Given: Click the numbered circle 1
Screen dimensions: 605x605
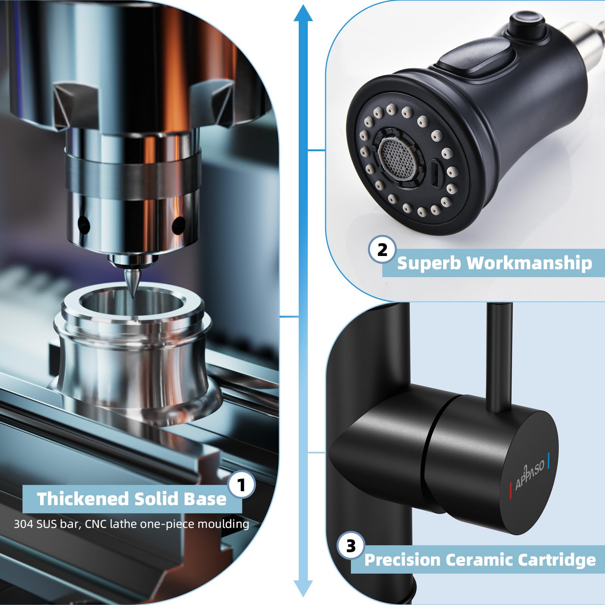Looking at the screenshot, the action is tap(242, 485).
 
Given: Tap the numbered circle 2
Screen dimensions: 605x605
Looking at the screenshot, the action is tap(382, 250).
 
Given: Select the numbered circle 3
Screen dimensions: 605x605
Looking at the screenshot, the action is tap(351, 546).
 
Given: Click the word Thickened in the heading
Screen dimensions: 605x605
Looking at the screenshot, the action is tap(83, 499).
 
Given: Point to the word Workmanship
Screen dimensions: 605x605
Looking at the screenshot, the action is tap(529, 263).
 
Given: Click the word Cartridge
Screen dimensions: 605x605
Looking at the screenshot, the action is tap(557, 560).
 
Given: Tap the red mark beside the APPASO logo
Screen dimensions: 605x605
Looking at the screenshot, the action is tap(511, 486).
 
